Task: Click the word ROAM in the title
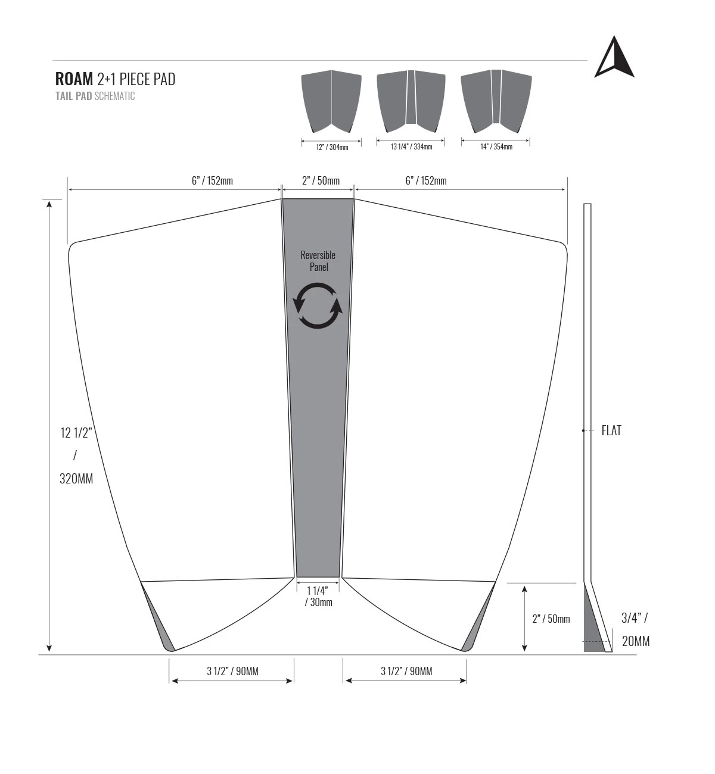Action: (74, 79)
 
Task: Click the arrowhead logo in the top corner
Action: (614, 57)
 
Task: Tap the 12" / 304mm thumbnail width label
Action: (332, 147)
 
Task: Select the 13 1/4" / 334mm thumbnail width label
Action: (412, 147)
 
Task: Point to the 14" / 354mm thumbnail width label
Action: (496, 147)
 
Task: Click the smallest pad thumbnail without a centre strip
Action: (331, 101)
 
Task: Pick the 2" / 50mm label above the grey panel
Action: (321, 181)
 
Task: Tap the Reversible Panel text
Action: (318, 261)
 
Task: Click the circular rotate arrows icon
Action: (318, 305)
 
